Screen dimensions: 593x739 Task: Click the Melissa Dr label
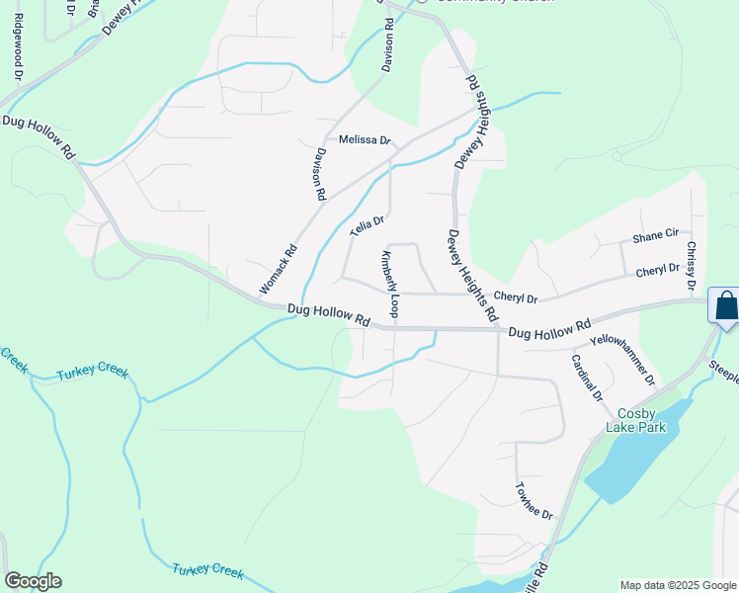point(365,139)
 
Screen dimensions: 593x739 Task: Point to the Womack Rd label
point(278,269)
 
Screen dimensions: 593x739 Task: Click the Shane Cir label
point(655,236)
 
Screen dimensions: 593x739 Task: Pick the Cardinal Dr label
point(587,378)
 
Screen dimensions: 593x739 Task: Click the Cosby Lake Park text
point(641,420)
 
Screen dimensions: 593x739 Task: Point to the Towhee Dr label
point(534,501)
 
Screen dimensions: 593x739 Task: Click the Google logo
point(33,581)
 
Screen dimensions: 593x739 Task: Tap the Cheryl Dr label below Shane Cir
point(657,269)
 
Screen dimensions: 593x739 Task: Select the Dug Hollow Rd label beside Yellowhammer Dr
point(549,329)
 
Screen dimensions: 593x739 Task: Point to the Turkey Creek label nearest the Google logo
point(207,571)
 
